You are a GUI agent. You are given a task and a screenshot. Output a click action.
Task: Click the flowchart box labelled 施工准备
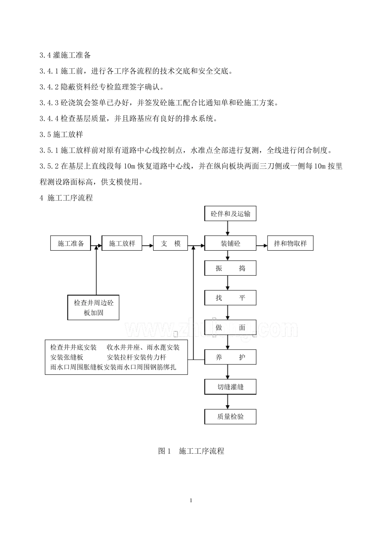coord(71,244)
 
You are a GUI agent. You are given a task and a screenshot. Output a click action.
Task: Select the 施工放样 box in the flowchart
coord(122,244)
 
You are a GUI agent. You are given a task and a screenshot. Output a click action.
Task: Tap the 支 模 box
coord(171,244)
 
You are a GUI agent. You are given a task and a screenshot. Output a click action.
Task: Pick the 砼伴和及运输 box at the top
coord(230,214)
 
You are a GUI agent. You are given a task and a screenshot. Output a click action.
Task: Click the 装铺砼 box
coord(230,244)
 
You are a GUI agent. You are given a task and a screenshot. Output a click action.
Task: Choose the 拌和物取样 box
coord(290,244)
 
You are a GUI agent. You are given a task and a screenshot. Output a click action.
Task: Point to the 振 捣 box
coord(230,268)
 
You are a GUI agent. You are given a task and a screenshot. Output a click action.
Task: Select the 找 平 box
coord(230,298)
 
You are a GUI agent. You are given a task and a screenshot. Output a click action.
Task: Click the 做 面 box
coord(230,327)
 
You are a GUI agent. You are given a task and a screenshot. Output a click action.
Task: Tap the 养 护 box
coord(230,357)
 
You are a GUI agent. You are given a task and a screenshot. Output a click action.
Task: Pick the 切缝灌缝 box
coord(230,387)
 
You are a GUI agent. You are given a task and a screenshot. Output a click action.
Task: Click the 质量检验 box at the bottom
coord(230,416)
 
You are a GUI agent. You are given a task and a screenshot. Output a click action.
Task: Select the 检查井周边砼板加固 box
coord(94,308)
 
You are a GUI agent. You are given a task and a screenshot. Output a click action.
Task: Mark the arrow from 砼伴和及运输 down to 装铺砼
coord(228,228)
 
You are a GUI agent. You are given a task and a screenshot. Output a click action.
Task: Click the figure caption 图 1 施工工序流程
coord(191,451)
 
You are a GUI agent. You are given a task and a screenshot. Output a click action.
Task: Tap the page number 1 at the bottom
coord(191,500)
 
